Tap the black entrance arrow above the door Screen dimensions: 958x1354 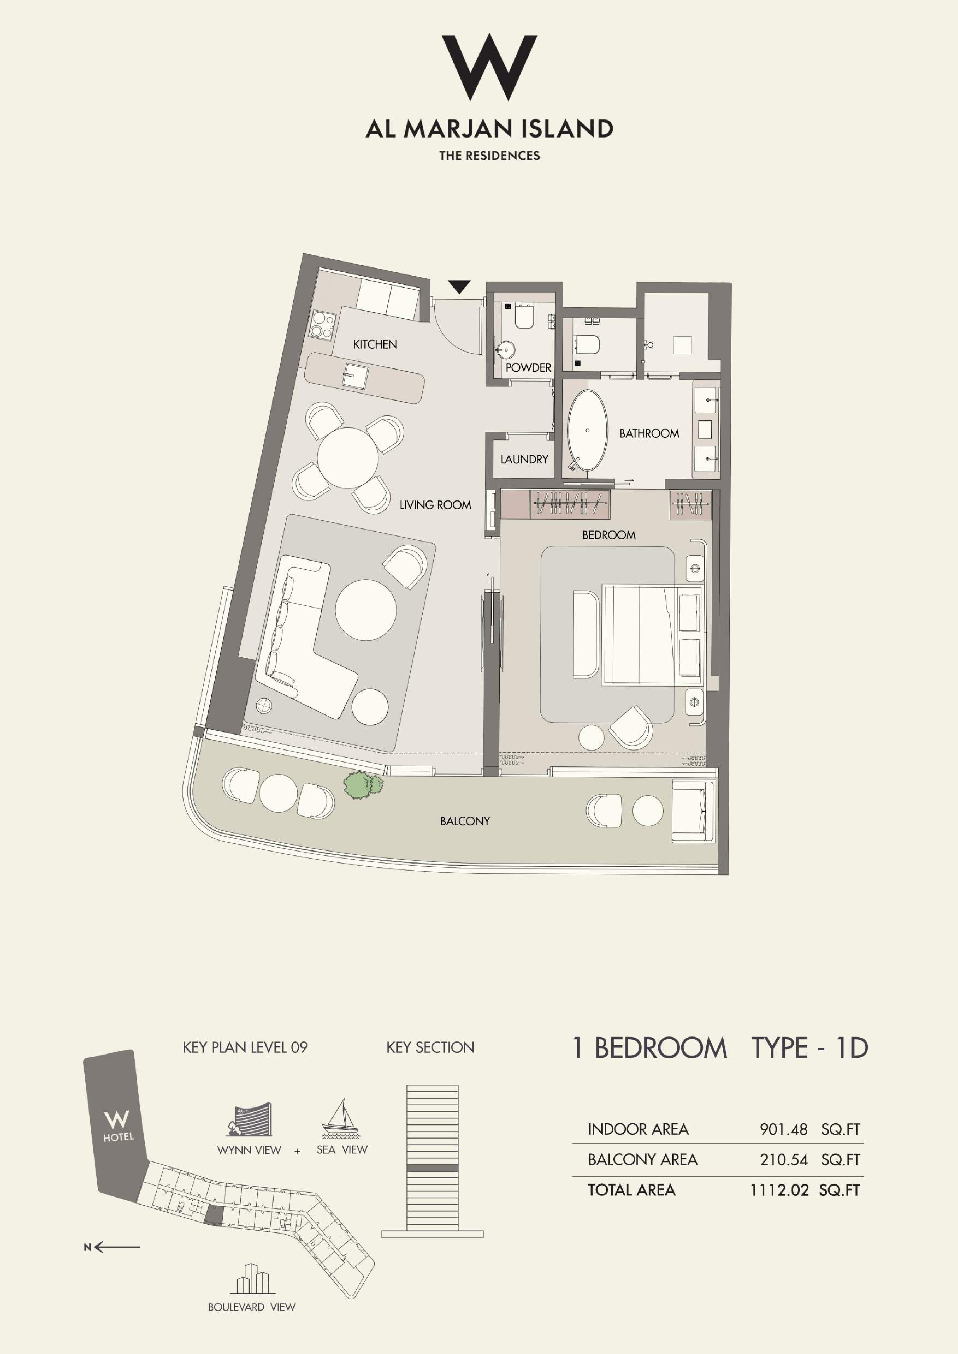459,287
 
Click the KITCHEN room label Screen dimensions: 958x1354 375,344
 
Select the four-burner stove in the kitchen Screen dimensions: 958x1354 322,325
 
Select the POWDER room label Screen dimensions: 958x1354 528,367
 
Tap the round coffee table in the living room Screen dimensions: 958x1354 366,610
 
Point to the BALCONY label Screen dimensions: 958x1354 465,821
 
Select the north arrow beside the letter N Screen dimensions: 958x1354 117,1247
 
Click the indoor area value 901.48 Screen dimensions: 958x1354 783,1129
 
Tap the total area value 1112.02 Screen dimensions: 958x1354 779,1190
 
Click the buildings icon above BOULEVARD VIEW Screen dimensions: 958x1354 252,1279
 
